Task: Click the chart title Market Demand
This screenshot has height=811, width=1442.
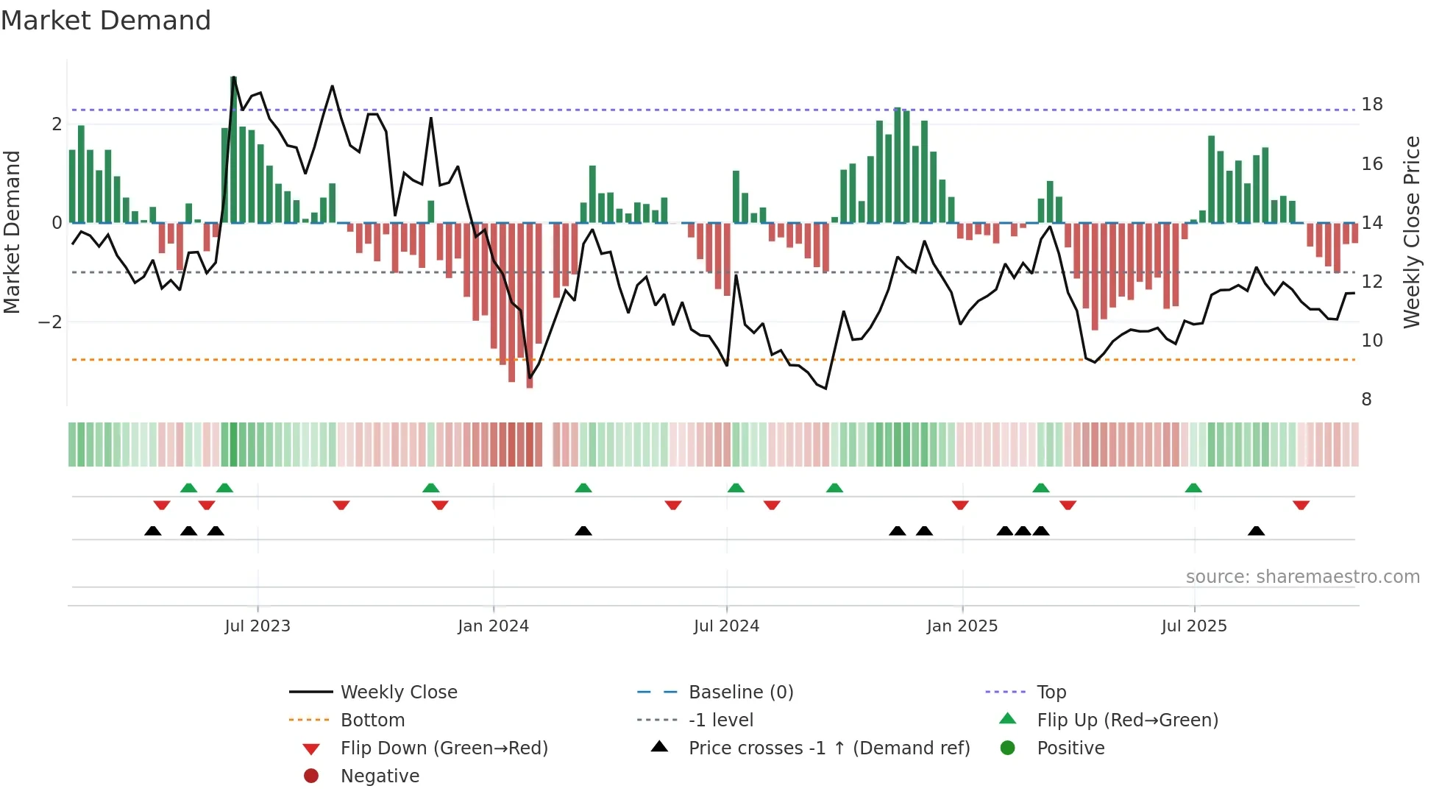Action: coord(106,21)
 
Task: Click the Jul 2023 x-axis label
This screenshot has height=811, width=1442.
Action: coord(257,626)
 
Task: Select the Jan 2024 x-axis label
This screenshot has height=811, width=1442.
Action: coord(493,626)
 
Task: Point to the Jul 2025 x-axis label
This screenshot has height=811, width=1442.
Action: coord(1194,626)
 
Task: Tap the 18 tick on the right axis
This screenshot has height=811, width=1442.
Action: coord(1371,105)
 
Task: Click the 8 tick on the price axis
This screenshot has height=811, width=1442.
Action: coord(1366,400)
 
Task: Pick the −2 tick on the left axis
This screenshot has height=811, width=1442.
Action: coord(50,322)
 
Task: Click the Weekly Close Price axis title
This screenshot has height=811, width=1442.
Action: coord(1411,232)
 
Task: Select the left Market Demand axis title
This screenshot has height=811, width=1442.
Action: coord(13,232)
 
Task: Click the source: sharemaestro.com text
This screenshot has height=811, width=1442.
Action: coord(1302,577)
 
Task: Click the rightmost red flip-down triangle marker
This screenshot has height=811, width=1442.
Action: coord(1301,505)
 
